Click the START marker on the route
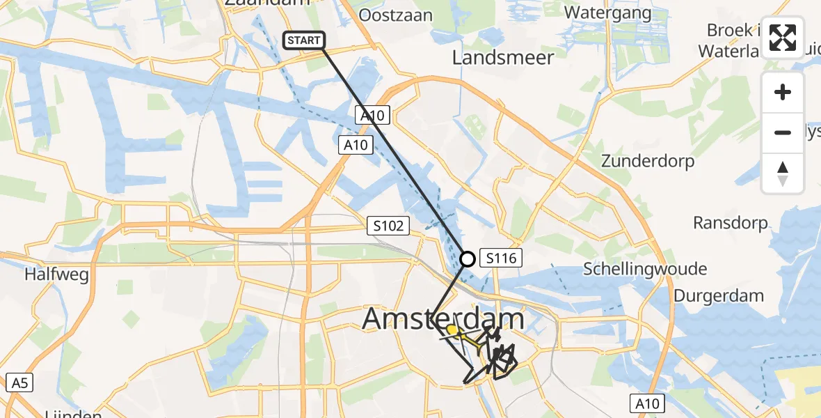point(304,40)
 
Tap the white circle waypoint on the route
point(468,259)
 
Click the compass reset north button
point(783,173)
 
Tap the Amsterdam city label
point(443,319)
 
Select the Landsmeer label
point(503,57)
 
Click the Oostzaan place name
point(392,14)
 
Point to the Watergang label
point(607,13)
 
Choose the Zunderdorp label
point(648,162)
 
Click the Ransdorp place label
point(731,223)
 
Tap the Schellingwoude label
point(645,269)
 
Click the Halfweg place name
point(56,274)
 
